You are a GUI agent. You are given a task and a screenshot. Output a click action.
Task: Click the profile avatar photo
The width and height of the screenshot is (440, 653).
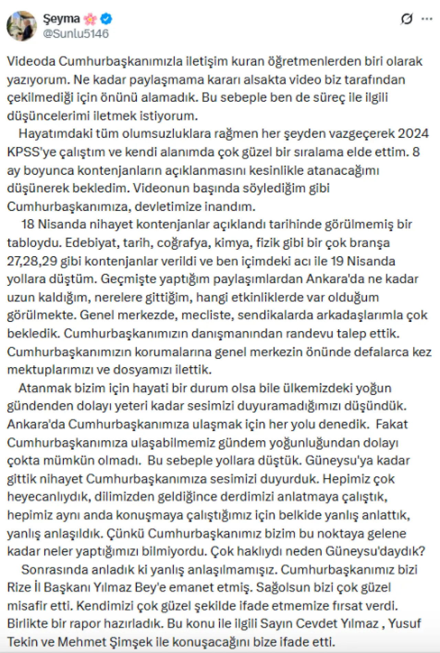22,26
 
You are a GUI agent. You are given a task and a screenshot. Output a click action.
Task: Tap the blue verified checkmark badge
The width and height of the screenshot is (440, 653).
106,19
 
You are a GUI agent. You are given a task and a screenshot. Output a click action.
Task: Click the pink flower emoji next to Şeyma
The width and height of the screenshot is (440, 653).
90,19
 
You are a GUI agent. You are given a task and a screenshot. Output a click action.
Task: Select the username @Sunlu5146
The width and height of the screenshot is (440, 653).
76,34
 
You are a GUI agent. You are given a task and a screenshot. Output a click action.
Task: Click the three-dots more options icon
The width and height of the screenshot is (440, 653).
427,19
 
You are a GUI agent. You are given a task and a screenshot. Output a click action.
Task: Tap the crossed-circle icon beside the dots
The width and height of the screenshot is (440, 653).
407,19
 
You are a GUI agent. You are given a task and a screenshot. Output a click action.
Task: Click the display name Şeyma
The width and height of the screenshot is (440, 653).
61,18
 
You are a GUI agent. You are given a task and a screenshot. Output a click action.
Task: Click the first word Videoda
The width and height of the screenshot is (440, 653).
31,61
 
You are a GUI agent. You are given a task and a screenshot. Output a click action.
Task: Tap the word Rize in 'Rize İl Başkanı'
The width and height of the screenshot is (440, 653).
19,587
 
